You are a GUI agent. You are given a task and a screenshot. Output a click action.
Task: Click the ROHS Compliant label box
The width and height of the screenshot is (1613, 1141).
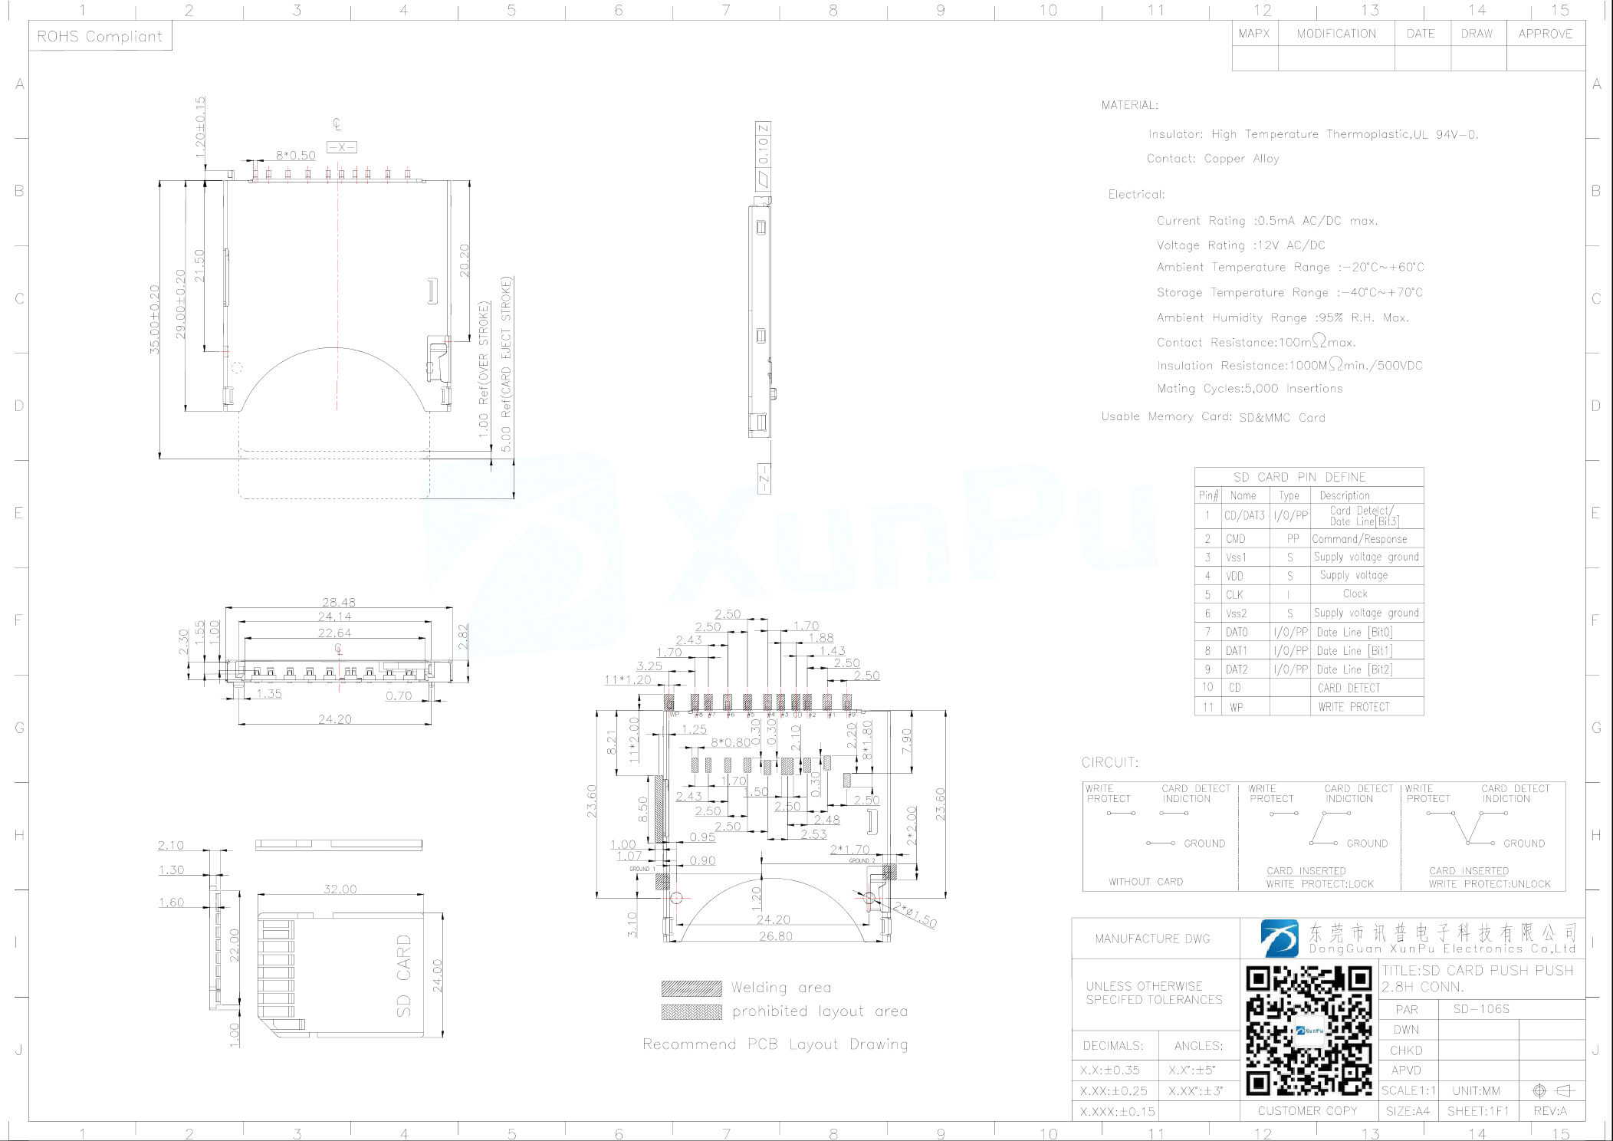pos(100,36)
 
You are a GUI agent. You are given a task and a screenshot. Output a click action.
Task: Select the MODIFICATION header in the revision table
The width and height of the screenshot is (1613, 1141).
pos(1335,34)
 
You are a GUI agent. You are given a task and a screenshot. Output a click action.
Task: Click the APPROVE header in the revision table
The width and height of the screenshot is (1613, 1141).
pos(1545,34)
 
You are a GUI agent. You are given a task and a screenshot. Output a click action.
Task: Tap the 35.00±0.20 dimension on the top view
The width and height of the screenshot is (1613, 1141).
pos(155,319)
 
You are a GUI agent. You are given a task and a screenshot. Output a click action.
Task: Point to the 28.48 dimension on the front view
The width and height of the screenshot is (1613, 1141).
pos(338,603)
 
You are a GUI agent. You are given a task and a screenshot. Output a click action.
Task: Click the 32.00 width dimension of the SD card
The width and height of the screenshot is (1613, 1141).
pos(340,889)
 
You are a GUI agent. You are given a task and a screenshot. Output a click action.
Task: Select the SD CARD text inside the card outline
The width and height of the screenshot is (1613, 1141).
pos(403,975)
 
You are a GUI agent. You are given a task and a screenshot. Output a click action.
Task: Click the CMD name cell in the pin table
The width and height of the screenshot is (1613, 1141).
pos(1235,539)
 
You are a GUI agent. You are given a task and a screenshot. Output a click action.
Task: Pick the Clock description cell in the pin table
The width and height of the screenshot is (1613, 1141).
pos(1355,594)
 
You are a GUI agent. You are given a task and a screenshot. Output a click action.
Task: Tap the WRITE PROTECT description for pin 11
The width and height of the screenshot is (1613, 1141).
pos(1353,707)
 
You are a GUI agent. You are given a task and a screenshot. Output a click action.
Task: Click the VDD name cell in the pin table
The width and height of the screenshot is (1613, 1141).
pos(1234,576)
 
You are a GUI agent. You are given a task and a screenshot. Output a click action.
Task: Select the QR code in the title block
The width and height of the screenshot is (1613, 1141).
pos(1308,1030)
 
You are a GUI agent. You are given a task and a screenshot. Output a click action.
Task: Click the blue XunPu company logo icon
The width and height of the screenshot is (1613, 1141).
pos(1280,939)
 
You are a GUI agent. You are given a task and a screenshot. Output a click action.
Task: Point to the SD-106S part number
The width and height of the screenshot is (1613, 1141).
pos(1480,1009)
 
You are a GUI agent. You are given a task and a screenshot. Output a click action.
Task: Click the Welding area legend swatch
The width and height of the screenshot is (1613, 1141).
pos(691,988)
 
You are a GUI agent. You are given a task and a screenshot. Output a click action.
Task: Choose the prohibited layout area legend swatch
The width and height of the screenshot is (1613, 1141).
pos(691,1012)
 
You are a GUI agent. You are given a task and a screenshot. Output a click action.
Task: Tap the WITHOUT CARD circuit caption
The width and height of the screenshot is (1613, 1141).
pos(1145,882)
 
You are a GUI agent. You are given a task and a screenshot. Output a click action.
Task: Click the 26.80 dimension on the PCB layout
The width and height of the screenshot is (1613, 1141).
pos(775,936)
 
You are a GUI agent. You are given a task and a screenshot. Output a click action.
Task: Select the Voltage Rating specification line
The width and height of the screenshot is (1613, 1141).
pos(1240,245)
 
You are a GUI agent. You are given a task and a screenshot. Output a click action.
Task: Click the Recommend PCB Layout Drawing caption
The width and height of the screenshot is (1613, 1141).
pos(774,1044)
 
